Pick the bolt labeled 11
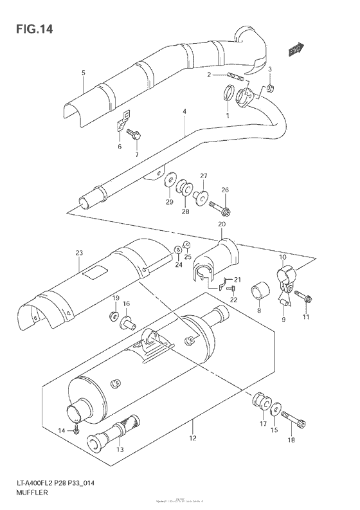point(303,297)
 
